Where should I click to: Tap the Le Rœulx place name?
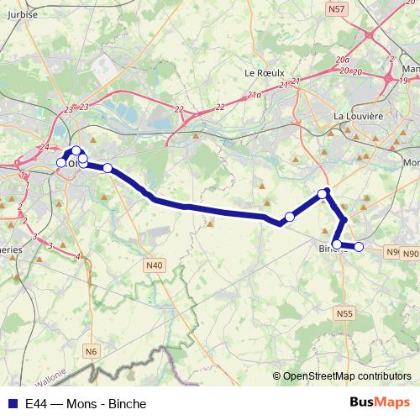tap(262, 72)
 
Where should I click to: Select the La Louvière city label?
tap(358, 116)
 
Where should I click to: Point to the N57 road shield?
tap(337, 9)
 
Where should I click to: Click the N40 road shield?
tap(154, 265)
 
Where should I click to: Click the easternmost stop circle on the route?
tap(359, 246)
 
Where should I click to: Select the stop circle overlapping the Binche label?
tap(337, 244)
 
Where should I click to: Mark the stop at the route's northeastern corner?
tap(323, 194)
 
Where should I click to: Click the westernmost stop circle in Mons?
tap(60, 162)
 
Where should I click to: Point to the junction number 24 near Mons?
tap(43, 149)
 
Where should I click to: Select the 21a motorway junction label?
tap(255, 97)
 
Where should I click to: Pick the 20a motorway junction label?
tap(342, 60)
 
